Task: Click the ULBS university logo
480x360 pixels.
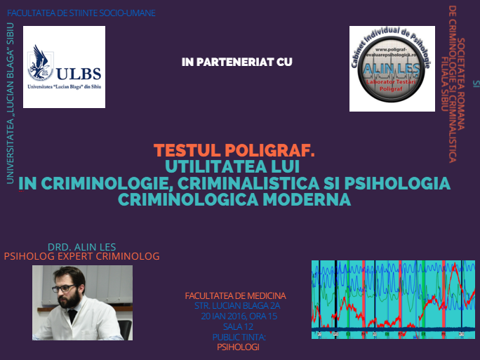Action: pyautogui.click(x=64, y=67)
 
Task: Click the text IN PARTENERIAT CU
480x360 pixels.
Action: pyautogui.click(x=236, y=62)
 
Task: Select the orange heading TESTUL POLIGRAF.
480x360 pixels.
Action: pyautogui.click(x=234, y=151)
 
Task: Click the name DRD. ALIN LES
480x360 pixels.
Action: pyautogui.click(x=81, y=246)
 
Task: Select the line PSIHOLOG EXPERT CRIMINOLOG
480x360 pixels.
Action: pyautogui.click(x=82, y=257)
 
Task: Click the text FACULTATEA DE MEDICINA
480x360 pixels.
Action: pyautogui.click(x=235, y=296)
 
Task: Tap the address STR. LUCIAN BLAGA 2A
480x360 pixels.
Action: pyautogui.click(x=236, y=307)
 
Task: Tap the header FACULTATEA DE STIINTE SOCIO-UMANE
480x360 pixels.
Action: pyautogui.click(x=81, y=13)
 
